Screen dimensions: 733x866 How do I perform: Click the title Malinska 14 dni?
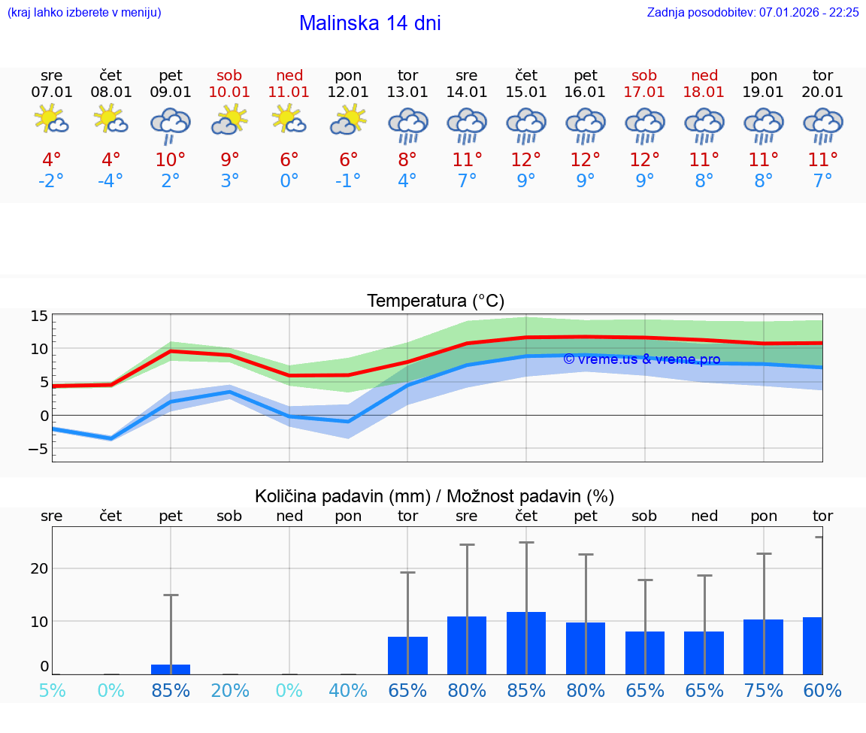pyautogui.click(x=370, y=23)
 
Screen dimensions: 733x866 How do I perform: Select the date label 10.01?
pyautogui.click(x=229, y=92)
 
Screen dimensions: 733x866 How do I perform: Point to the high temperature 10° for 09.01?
pyautogui.click(x=171, y=160)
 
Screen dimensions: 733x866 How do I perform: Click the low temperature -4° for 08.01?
pyautogui.click(x=111, y=181)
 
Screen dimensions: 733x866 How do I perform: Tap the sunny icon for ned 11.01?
pyautogui.click(x=289, y=120)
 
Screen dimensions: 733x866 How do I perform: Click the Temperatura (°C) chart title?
pyautogui.click(x=435, y=301)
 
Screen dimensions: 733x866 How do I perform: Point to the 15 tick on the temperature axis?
pyautogui.click(x=39, y=316)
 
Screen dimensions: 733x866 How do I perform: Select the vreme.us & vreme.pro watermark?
pyautogui.click(x=641, y=359)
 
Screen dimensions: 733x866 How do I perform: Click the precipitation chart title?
pyautogui.click(x=435, y=496)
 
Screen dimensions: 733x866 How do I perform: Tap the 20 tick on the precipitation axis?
pyautogui.click(x=39, y=568)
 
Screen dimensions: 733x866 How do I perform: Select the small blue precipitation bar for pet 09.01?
pyautogui.click(x=171, y=669)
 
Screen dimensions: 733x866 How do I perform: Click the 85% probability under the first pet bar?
pyautogui.click(x=171, y=691)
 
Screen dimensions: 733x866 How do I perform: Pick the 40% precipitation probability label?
pyautogui.click(x=348, y=691)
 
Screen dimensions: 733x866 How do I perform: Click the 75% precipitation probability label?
pyautogui.click(x=764, y=691)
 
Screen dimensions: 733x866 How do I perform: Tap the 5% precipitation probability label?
pyautogui.click(x=52, y=691)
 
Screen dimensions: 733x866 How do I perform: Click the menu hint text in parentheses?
pyautogui.click(x=83, y=13)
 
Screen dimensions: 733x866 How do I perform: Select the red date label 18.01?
pyautogui.click(x=704, y=92)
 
